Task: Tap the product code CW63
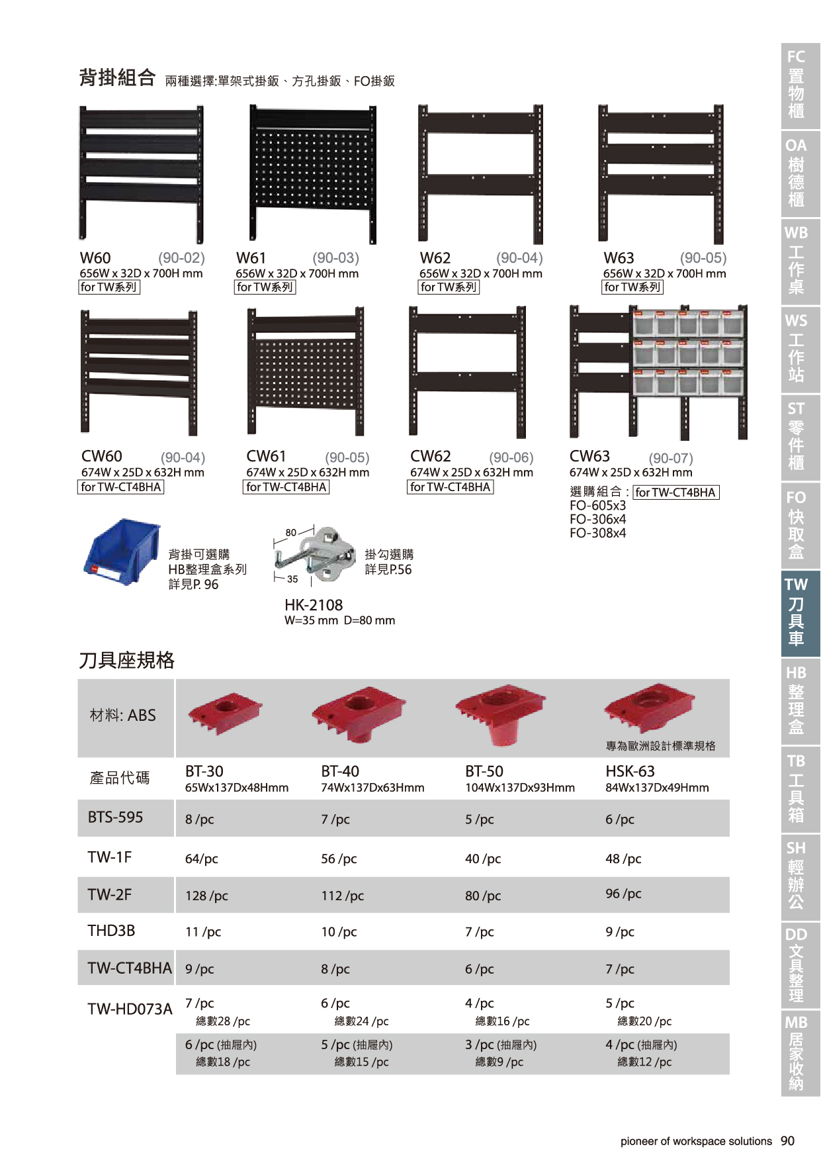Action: pyautogui.click(x=589, y=456)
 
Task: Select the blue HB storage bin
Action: pyautogui.click(x=122, y=552)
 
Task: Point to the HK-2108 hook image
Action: pyautogui.click(x=315, y=554)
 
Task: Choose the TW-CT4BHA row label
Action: pyautogui.click(x=130, y=968)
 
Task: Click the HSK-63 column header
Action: pyautogui.click(x=630, y=771)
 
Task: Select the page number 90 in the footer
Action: pyautogui.click(x=787, y=1140)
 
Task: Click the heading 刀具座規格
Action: pyautogui.click(x=127, y=660)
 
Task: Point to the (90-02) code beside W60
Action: pyautogui.click(x=181, y=257)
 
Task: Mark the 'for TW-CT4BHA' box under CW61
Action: pyautogui.click(x=286, y=487)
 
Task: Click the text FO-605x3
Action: pyautogui.click(x=597, y=506)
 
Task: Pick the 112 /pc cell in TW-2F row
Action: pyautogui.click(x=343, y=896)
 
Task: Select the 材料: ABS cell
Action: pyautogui.click(x=123, y=715)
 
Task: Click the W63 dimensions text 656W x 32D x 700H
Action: pyautogui.click(x=664, y=273)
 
